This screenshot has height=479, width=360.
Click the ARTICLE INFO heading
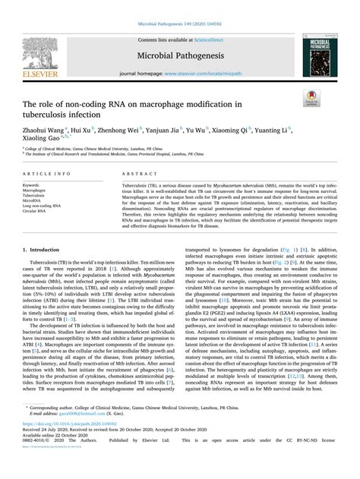(44, 177)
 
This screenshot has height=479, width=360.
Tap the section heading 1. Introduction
(45, 247)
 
